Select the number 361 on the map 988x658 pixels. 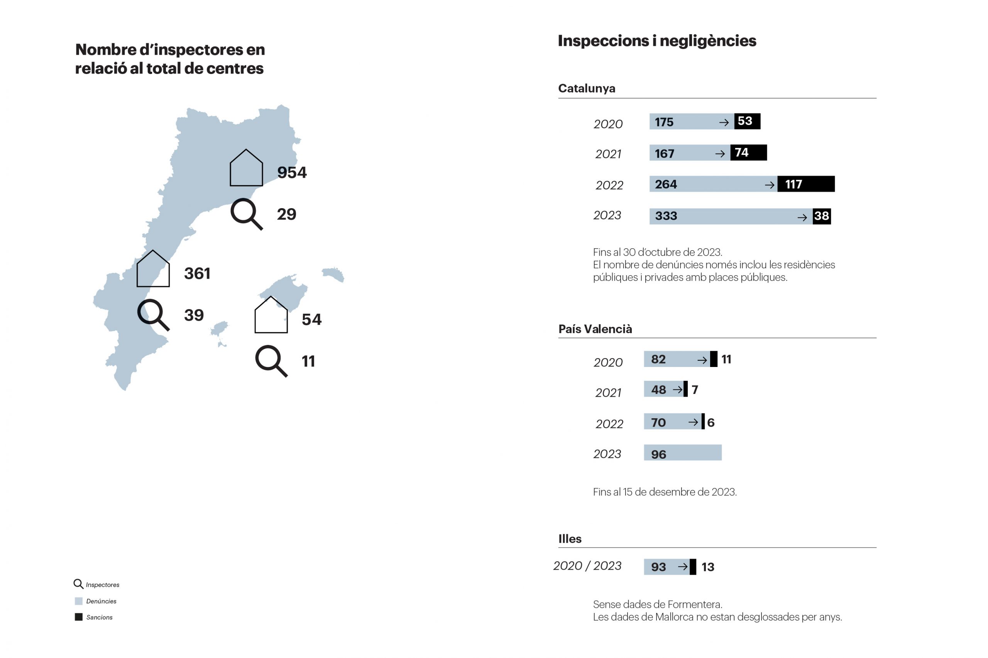pyautogui.click(x=197, y=274)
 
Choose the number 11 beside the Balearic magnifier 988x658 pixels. pyautogui.click(x=308, y=361)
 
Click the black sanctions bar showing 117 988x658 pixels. pyautogui.click(x=805, y=184)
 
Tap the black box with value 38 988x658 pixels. pyautogui.click(x=821, y=216)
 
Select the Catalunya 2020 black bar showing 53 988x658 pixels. pyautogui.click(x=747, y=121)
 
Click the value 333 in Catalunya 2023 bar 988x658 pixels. pyautogui.click(x=666, y=216)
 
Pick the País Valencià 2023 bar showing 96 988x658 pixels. pyautogui.click(x=682, y=453)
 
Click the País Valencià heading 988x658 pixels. pyautogui.click(x=595, y=329)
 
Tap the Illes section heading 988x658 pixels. pyautogui.click(x=570, y=539)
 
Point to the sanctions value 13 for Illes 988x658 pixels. pyautogui.click(x=707, y=567)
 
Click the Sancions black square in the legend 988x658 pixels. pyautogui.click(x=79, y=617)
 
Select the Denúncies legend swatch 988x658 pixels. pyautogui.click(x=79, y=601)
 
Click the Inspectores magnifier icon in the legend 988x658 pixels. pyautogui.click(x=78, y=584)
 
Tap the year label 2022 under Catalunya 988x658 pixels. pyautogui.click(x=609, y=185)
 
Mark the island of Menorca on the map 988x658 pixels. pyautogui.click(x=333, y=274)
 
